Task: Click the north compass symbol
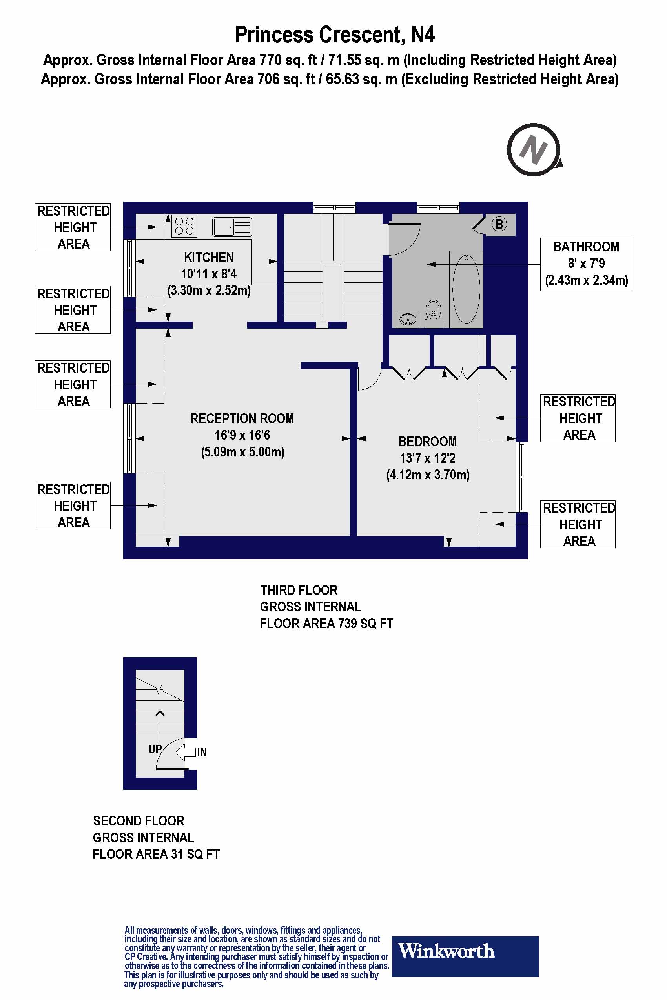click(x=534, y=150)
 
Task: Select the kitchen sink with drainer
click(x=232, y=227)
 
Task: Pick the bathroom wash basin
click(x=408, y=319)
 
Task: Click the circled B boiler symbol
click(x=499, y=224)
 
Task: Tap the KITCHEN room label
click(x=209, y=257)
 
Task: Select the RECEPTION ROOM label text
click(x=242, y=418)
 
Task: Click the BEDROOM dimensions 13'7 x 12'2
click(x=428, y=458)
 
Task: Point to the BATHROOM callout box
click(x=586, y=264)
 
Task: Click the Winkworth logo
click(x=465, y=951)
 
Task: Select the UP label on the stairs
click(x=155, y=749)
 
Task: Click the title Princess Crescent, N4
click(x=334, y=35)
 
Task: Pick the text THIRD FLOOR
click(x=299, y=590)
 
